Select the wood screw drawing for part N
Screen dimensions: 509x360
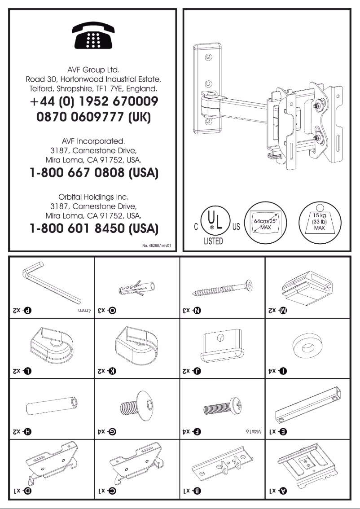(222, 287)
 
